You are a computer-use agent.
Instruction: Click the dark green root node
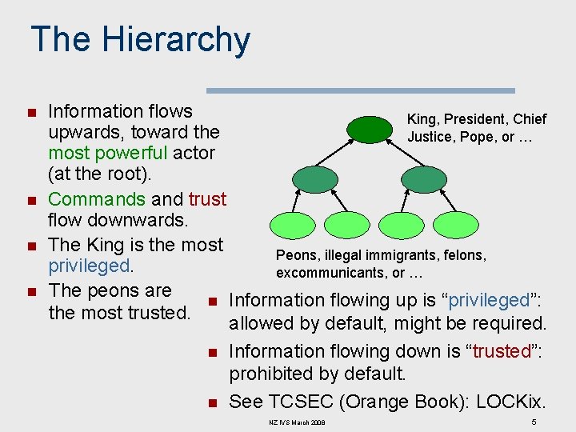pyautogui.click(x=370, y=129)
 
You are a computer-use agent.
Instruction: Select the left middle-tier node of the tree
pyautogui.click(x=315, y=180)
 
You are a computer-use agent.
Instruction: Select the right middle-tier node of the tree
pyautogui.click(x=422, y=180)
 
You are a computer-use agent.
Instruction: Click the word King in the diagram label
pyautogui.click(x=422, y=119)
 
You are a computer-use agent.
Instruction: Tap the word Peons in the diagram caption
pyautogui.click(x=295, y=255)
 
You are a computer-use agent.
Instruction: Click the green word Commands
pyautogui.click(x=96, y=198)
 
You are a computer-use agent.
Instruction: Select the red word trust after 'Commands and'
pyautogui.click(x=207, y=198)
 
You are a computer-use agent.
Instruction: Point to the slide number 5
pyautogui.click(x=534, y=422)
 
